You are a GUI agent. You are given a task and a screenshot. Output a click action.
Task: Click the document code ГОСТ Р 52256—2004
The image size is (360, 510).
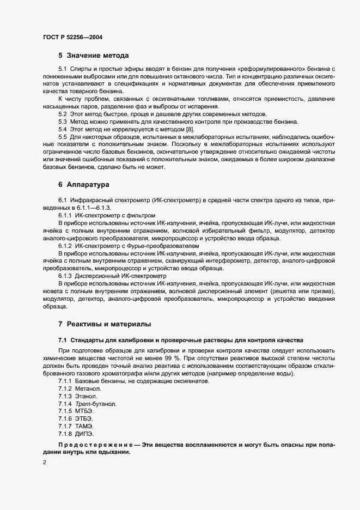tap(73, 38)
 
